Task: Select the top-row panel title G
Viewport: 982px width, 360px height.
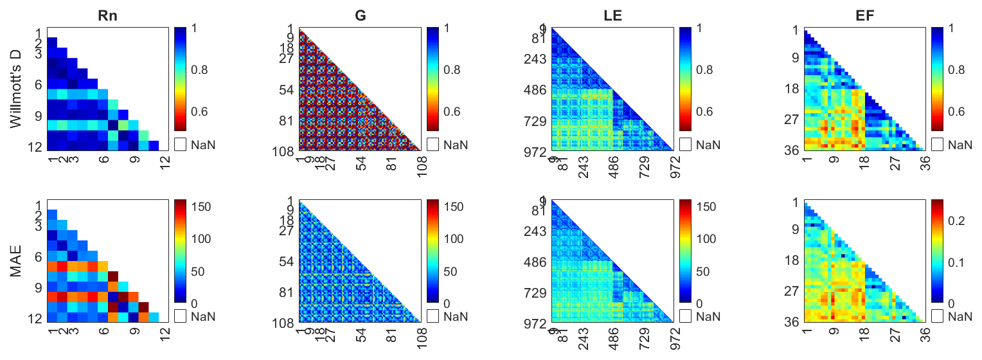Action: point(361,15)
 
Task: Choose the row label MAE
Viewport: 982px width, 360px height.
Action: point(17,260)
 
